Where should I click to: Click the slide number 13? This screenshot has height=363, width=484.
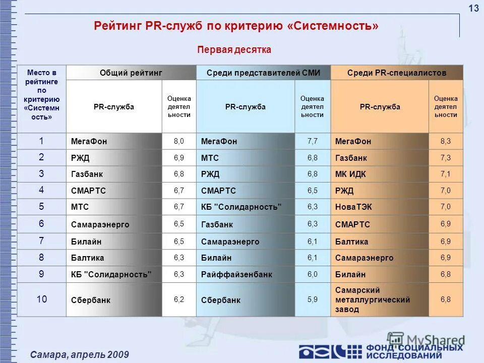click(473, 9)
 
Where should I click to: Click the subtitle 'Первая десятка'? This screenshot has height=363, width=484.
click(234, 49)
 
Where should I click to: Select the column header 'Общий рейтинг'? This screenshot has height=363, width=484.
click(131, 73)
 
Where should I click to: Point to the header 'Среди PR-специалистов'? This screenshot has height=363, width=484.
click(397, 73)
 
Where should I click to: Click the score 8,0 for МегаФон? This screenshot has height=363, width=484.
click(179, 141)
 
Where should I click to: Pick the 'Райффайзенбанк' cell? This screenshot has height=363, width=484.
click(236, 275)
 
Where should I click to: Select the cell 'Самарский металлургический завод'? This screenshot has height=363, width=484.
click(373, 299)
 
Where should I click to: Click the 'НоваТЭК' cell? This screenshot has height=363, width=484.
click(353, 207)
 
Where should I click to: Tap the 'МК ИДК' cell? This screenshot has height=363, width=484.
click(350, 174)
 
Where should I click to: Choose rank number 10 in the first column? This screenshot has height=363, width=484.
click(41, 299)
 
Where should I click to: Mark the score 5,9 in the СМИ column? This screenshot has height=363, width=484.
click(313, 299)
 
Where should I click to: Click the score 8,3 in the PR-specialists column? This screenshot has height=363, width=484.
click(446, 141)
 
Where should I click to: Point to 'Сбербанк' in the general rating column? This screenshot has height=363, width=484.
click(91, 300)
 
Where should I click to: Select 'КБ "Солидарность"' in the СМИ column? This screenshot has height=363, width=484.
click(241, 207)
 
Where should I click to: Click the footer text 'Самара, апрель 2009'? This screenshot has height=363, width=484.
click(80, 355)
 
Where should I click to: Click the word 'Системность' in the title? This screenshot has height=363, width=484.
click(334, 26)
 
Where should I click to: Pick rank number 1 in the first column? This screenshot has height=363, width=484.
click(41, 141)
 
